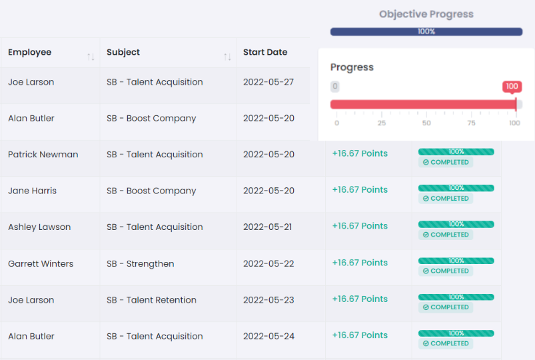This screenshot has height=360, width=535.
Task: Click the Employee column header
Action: point(30,53)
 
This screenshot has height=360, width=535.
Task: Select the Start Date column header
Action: point(265,53)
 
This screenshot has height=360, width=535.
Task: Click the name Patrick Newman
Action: point(43,155)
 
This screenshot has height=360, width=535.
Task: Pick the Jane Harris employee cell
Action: point(32,191)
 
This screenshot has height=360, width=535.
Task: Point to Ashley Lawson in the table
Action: point(39,227)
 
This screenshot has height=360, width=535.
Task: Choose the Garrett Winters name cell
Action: point(41,263)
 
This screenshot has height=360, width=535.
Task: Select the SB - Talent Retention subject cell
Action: point(151,300)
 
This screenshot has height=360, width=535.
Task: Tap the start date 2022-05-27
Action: point(268,82)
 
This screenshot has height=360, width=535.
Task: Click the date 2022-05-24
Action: point(268,336)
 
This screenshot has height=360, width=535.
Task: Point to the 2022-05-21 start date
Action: point(267,227)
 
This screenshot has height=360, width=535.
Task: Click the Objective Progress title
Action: point(426,14)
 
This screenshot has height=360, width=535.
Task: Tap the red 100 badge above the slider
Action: point(512,87)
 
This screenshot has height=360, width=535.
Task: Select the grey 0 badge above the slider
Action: point(335,87)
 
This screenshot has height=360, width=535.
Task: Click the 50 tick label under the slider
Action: point(426,123)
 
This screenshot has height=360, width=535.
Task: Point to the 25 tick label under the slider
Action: point(382,123)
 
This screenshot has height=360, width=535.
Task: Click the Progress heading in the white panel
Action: point(352,67)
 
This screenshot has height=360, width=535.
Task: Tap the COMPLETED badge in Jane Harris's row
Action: point(446,199)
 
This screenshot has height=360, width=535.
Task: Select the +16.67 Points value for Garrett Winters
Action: point(360,263)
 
